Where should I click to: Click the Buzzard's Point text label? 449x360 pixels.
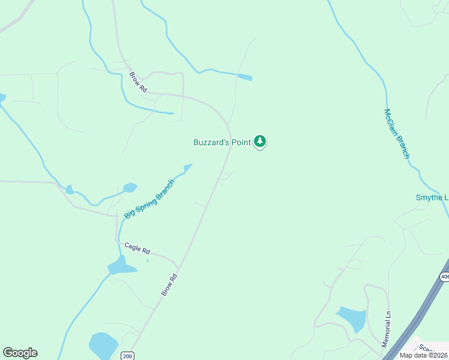click(x=221, y=142)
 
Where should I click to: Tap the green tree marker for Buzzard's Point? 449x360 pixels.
click(x=260, y=141)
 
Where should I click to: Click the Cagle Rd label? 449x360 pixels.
click(x=137, y=248)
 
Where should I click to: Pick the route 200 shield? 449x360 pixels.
click(x=127, y=355)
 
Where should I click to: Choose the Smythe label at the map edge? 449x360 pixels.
click(x=432, y=197)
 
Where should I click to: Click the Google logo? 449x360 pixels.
click(x=20, y=353)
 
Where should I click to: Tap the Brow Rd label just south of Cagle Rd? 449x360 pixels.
click(x=169, y=284)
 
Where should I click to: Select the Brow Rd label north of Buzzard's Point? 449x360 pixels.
click(x=138, y=82)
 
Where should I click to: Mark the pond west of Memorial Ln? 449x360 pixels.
click(x=352, y=318)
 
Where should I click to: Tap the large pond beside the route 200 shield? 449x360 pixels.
click(x=103, y=346)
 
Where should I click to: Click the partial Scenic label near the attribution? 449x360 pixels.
click(x=433, y=347)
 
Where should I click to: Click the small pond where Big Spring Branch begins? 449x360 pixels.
click(x=188, y=166)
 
